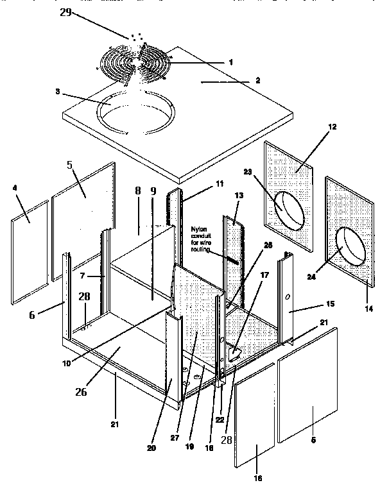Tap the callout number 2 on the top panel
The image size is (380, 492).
coord(257,81)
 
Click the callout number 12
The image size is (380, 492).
coord(331,127)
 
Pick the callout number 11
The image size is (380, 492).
coord(219,183)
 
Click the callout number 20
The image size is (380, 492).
coord(151,448)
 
